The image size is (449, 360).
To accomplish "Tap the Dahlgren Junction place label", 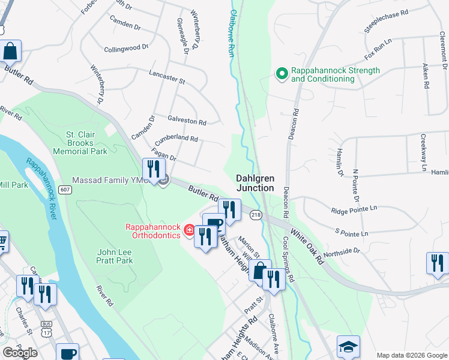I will coord(255,183).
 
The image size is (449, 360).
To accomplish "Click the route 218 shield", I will coord(256,215).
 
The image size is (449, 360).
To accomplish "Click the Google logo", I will coord(20,353).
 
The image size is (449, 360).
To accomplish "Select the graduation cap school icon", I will coord(348,347).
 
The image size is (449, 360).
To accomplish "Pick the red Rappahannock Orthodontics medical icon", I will coord(189,231).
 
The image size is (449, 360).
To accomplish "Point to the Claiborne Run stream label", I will coord(230,34).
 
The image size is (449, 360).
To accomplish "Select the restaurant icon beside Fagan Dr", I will coord(154,171).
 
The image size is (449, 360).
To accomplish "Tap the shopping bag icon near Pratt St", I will coord(259,271).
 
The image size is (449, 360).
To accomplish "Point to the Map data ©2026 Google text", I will coord(412,355).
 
